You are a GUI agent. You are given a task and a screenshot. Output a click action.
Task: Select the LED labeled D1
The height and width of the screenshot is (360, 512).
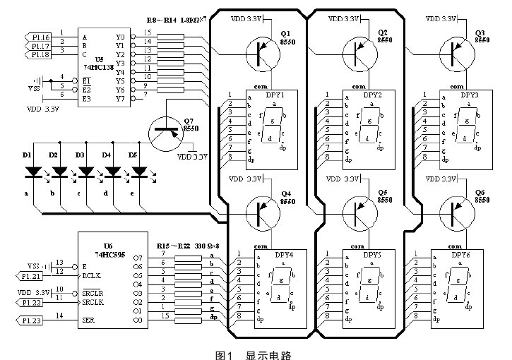(32, 172)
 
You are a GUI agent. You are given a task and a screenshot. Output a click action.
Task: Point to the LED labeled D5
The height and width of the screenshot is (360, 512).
(140, 172)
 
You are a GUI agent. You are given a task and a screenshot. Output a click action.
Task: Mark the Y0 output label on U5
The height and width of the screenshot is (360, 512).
(119, 35)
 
